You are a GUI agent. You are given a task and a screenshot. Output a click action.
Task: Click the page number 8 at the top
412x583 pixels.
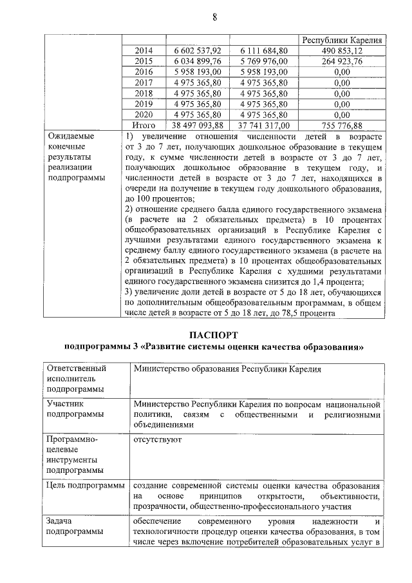click(x=214, y=17)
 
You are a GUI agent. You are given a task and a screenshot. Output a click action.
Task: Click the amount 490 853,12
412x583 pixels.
click(x=341, y=50)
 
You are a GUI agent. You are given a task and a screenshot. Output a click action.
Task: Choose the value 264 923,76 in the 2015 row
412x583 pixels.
click(x=341, y=61)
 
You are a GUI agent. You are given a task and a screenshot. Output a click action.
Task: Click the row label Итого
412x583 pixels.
click(x=144, y=125)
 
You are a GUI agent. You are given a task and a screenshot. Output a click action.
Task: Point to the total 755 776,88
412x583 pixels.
click(x=341, y=125)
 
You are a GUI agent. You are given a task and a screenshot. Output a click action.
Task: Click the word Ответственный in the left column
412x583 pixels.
click(x=76, y=368)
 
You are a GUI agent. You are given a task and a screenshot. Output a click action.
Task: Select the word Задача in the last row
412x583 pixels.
click(x=61, y=521)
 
